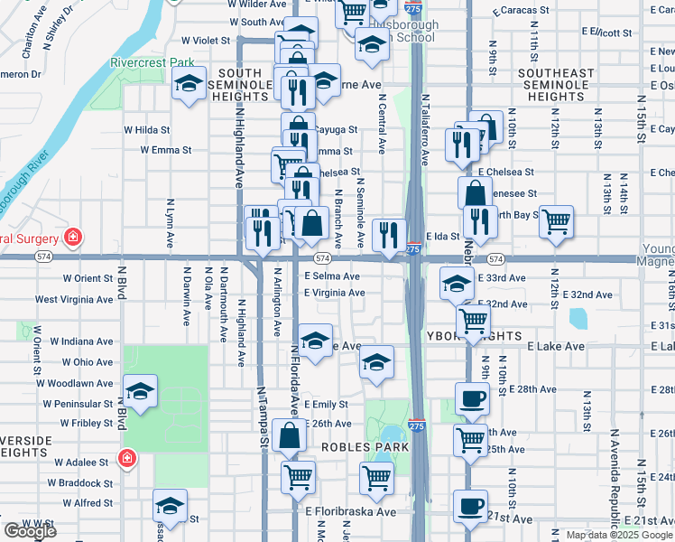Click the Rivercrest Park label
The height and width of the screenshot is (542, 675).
153,63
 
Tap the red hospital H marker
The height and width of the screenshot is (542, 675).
73,238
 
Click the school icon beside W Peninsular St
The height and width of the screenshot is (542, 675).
140,392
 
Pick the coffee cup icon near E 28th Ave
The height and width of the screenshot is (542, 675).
472,397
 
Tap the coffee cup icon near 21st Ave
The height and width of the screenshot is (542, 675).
469,506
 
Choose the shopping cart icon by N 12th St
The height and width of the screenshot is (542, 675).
556,220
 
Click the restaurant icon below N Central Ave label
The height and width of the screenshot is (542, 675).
389,235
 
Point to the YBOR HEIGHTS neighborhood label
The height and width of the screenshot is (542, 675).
474,336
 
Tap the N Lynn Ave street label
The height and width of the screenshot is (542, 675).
170,222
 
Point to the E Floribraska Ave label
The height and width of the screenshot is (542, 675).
350,511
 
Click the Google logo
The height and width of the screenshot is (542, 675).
30,531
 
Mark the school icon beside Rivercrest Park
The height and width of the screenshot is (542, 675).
188,86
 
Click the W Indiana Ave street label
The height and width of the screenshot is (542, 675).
81,341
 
